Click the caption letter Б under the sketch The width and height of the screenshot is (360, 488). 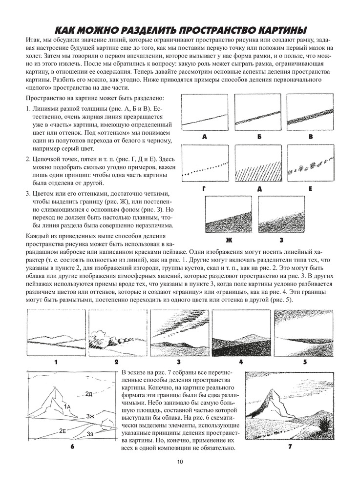[x=257, y=137]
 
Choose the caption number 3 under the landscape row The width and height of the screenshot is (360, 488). [x=179, y=362]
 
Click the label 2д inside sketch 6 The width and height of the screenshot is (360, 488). [x=88, y=393]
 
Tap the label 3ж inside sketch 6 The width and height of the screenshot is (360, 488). [x=90, y=416]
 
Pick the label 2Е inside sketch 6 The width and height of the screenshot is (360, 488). [x=63, y=430]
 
